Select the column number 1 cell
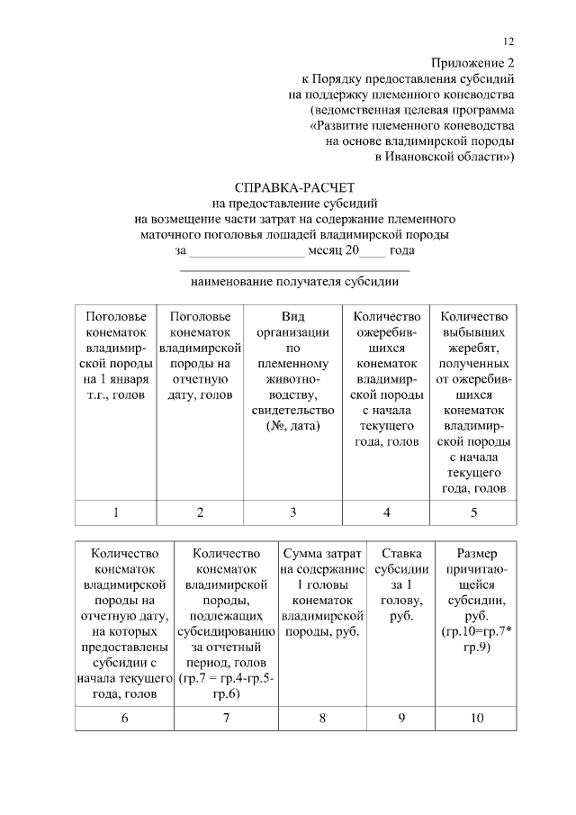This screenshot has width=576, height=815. pos(115,512)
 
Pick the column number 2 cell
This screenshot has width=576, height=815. pos(200,512)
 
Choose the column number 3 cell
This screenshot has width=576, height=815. pos(292,512)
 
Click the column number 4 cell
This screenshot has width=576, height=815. pos(386,512)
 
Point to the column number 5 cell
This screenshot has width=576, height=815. pos(473,512)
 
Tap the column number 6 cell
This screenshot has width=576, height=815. pos(124,718)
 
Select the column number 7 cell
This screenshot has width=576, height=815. pos(226,718)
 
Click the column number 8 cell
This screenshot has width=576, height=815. pos(322,718)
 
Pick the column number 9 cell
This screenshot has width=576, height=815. pos(400,718)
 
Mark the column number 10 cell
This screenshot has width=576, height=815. pos(476,718)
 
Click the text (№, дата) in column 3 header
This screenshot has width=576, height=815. pos(293,425)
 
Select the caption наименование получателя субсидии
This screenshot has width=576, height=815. pos(294,281)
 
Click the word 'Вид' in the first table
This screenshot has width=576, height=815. pos(293,316)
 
